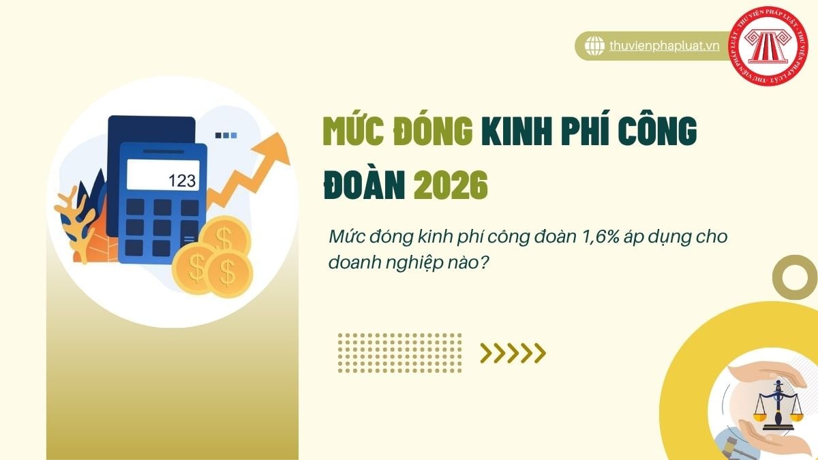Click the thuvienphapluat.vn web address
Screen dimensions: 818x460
(664, 46)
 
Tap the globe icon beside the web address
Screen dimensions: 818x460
(594, 46)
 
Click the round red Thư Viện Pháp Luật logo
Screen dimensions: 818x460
(768, 46)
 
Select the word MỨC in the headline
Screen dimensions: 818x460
(353, 131)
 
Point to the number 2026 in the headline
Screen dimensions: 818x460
(451, 185)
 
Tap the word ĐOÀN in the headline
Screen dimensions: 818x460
(365, 185)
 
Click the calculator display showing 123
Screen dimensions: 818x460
(163, 175)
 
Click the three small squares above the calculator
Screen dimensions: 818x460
(226, 136)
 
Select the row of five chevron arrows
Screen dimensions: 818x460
(513, 353)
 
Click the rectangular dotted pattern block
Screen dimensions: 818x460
(399, 353)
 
